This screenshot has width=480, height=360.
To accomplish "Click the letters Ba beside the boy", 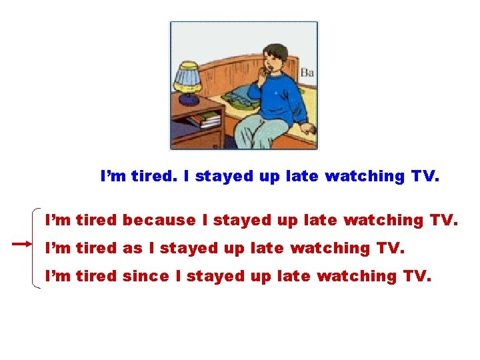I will pos(307,72).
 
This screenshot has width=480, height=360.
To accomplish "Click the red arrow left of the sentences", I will pos(22,245).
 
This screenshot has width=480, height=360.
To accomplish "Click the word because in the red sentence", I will pos(159,219).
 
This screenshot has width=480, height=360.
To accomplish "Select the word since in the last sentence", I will pos(145,275).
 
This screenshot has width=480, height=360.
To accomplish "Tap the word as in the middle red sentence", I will pos(133,248).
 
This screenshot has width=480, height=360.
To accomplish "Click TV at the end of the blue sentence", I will pos(423,176).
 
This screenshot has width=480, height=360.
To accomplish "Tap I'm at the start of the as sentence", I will pos(58,248).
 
